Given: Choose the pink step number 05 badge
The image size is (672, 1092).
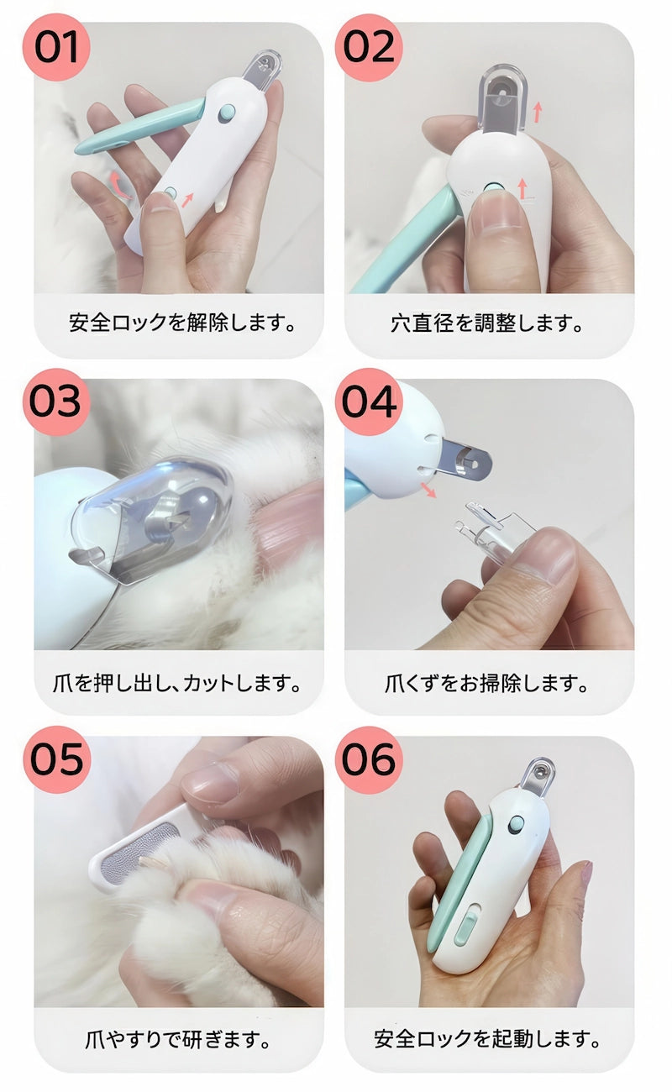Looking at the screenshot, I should [x=56, y=759].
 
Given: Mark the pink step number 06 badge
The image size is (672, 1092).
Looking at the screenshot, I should [x=368, y=759].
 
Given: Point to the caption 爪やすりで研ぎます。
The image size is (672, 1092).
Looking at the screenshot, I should [x=179, y=1039].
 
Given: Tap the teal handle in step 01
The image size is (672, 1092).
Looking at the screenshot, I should [x=134, y=130].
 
